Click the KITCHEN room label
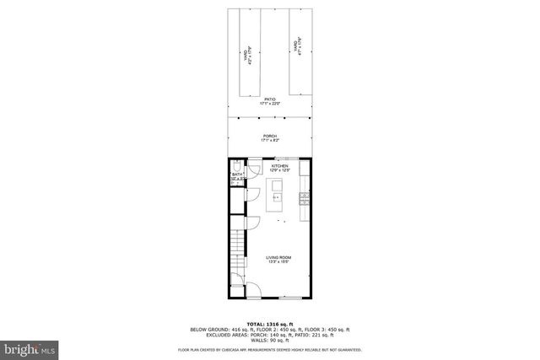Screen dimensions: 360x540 pyautogui.click(x=280, y=165)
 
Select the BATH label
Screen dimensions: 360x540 pyautogui.click(x=237, y=175)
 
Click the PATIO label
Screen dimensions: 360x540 pyautogui.click(x=270, y=99)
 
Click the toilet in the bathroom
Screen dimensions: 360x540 pyautogui.click(x=236, y=165)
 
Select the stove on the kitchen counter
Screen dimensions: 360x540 pyautogui.click(x=305, y=201)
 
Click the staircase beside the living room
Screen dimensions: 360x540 pyautogui.click(x=238, y=249)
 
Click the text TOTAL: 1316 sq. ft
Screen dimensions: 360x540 pyautogui.click(x=270, y=324)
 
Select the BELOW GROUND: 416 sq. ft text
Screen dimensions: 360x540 pyautogui.click(x=220, y=329)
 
